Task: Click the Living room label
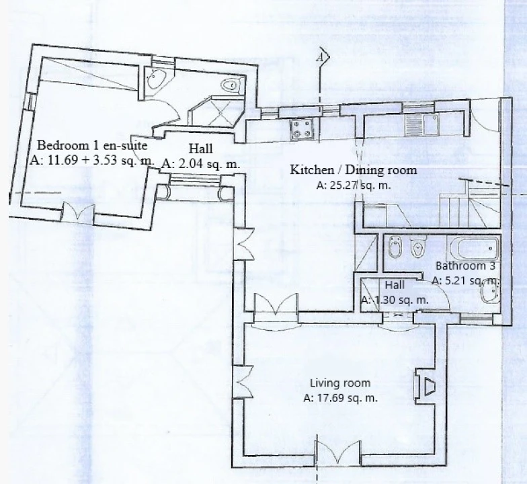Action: click(x=340, y=383)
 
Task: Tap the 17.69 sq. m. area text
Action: click(x=340, y=398)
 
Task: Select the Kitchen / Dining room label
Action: click(x=354, y=169)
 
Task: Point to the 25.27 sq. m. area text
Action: click(x=354, y=186)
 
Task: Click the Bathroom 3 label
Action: click(x=465, y=266)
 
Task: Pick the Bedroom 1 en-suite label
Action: click(x=92, y=145)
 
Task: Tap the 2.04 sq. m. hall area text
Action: click(x=200, y=164)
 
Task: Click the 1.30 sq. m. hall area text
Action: click(x=395, y=300)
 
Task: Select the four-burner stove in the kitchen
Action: click(x=301, y=130)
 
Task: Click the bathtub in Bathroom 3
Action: click(x=473, y=249)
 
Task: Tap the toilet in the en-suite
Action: click(x=232, y=85)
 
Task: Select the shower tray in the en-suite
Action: click(x=216, y=112)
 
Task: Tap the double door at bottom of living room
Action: click(x=337, y=452)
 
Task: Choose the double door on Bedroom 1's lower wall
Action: click(x=78, y=212)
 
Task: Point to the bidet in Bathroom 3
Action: click(x=394, y=247)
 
